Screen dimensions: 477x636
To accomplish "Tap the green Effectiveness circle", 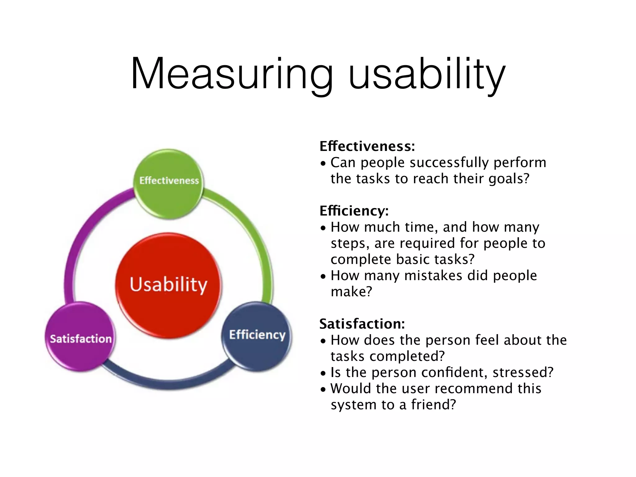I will coord(169,184).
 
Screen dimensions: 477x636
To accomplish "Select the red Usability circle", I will coord(169,285).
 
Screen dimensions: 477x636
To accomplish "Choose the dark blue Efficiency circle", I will coord(257,336).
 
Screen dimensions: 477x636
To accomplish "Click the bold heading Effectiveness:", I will coord(367,146).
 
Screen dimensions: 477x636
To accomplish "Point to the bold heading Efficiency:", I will coord(354,211).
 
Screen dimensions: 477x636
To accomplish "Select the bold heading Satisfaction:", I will coord(362,324).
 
